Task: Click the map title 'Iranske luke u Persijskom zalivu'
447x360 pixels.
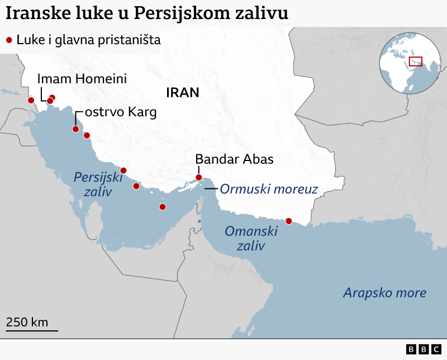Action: tap(147, 13)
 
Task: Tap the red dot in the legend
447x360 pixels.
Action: tap(9, 40)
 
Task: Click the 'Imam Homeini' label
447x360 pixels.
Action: tap(82, 79)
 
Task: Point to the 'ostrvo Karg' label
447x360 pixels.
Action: tap(121, 112)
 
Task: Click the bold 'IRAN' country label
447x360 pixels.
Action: tap(182, 93)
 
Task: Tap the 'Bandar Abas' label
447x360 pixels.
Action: tap(235, 159)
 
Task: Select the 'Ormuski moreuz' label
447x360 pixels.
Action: tap(269, 189)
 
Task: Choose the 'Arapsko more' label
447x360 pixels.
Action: tap(385, 292)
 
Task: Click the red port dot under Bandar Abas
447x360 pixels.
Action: tap(198, 178)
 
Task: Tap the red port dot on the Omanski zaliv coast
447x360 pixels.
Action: tap(289, 221)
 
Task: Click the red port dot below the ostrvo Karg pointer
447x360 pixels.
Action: tap(75, 129)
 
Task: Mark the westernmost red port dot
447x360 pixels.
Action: tap(31, 101)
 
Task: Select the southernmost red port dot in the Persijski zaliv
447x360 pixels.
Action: tap(163, 207)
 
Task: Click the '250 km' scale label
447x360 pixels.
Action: tap(27, 322)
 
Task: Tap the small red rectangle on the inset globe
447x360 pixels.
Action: tap(415, 61)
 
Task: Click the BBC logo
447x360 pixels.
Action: tap(424, 349)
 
